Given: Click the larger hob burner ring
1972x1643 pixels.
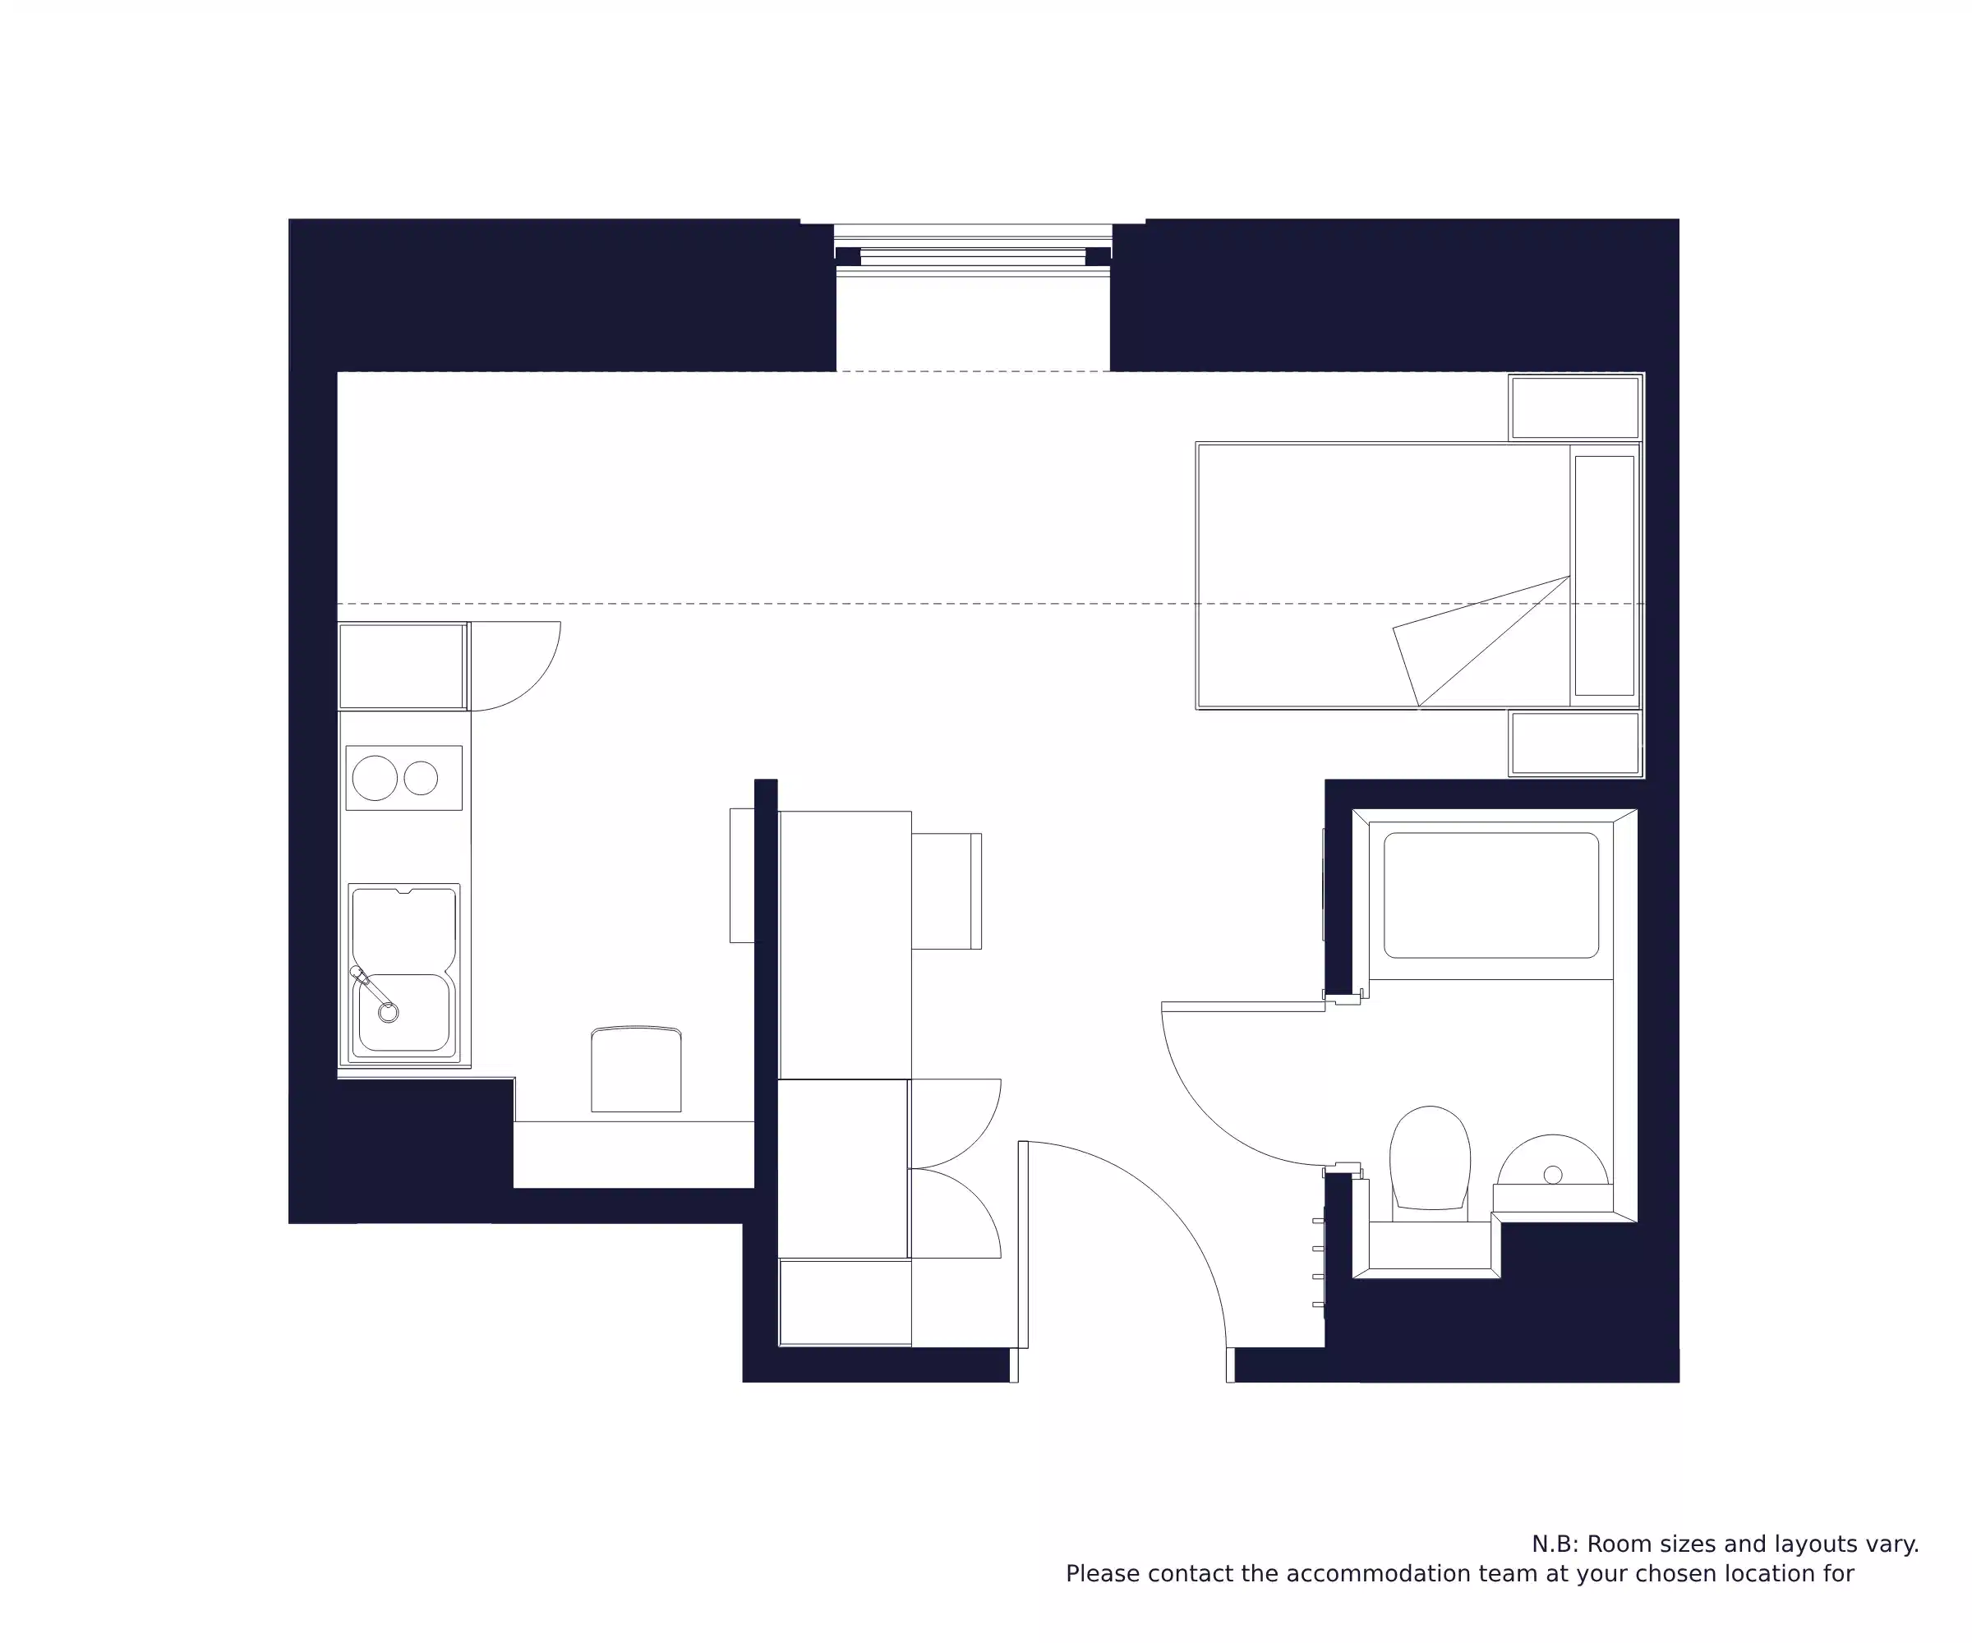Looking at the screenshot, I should coord(375,778).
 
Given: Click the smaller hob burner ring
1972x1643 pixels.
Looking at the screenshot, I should coord(421,778).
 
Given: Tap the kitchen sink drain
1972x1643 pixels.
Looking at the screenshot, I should coord(388,1013).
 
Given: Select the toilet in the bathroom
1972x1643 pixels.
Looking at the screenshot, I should coord(1429,1157).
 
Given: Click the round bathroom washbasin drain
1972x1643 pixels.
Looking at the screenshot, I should coord(1552,1175).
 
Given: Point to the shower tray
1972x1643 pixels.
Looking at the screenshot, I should coord(1491,895).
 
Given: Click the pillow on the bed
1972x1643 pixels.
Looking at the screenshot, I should coord(1604,576).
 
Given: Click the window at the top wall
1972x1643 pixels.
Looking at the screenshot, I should coord(973,251).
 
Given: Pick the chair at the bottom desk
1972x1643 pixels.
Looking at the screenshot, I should coord(636,1070).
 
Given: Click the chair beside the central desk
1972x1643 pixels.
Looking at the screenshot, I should coord(947,891).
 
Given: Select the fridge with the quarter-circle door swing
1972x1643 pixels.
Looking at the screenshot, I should coord(402,665).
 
